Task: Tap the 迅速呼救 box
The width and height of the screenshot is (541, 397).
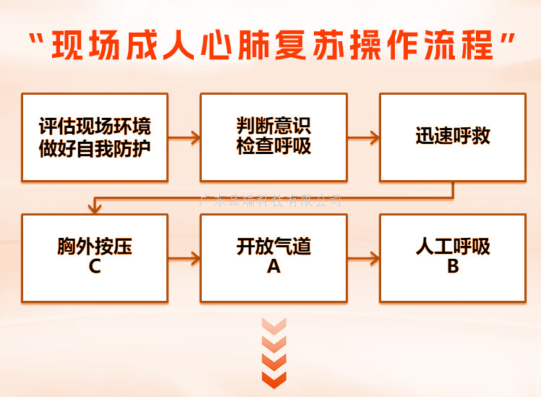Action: coord(453,137)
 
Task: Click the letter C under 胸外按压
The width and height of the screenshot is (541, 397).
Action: coord(95,267)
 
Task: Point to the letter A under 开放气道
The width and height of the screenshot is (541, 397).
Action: coord(273,267)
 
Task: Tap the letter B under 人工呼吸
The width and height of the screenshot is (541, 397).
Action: coord(453,267)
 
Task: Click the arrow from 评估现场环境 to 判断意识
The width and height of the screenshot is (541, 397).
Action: coord(184,137)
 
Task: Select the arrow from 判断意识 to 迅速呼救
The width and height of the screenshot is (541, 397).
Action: coord(363,137)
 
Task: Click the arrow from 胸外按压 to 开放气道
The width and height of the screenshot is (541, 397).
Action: coord(184,257)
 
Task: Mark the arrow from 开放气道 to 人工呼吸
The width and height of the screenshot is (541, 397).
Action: coord(363,257)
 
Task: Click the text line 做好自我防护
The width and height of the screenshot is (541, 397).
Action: coord(95,147)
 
